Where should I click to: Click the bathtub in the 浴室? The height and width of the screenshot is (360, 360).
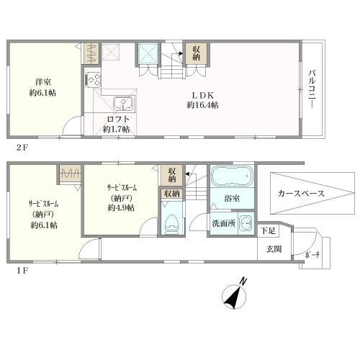tap(232, 176)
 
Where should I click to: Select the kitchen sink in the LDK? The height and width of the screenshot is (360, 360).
tap(123, 104)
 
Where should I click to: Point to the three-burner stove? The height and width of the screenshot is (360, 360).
tap(93, 79)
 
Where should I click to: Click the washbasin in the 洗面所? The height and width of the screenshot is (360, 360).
tap(246, 223)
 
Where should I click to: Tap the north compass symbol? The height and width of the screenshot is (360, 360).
tap(235, 294)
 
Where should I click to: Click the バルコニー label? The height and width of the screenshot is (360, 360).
tap(312, 89)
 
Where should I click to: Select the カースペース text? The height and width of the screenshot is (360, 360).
tap(301, 194)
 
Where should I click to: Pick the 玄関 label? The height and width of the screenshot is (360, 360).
tap(274, 249)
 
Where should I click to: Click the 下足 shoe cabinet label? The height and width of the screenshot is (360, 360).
tap(269, 230)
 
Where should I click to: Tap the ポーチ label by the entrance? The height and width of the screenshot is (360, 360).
tap(312, 255)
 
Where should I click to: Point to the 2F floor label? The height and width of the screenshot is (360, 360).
tap(22, 147)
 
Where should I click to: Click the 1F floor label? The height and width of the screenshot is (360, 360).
tap(22, 271)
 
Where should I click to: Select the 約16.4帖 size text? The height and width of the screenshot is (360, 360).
tap(202, 105)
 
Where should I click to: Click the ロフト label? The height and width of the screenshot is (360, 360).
tap(118, 120)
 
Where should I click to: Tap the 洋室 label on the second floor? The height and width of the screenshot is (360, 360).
tap(43, 82)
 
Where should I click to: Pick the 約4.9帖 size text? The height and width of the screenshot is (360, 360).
tap(121, 208)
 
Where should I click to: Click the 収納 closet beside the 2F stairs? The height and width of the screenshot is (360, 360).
tap(197, 53)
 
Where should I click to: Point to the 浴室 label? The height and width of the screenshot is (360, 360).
tap(232, 199)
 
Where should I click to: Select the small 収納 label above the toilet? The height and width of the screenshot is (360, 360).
tap(172, 194)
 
